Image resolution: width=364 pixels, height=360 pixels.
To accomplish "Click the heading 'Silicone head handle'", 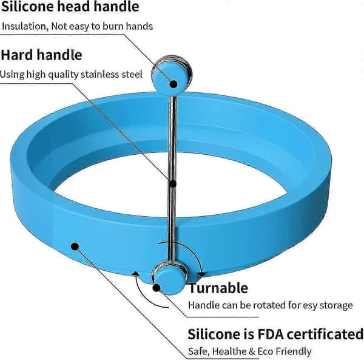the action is pyautogui.click(x=70, y=7).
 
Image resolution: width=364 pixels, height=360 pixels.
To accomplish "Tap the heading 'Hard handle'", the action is pyautogui.click(x=41, y=55).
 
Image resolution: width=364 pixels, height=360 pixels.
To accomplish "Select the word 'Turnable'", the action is pyautogui.click(x=218, y=288).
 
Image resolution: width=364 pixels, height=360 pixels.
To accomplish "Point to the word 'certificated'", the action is pyautogui.click(x=325, y=335).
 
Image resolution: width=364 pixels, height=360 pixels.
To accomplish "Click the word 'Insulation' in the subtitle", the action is pyautogui.click(x=25, y=27).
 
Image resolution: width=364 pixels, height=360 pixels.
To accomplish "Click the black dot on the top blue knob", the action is pyautogui.click(x=174, y=84).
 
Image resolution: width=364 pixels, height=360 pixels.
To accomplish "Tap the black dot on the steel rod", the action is pyautogui.click(x=173, y=184).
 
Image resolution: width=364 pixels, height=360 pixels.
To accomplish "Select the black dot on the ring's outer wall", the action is pyautogui.click(x=75, y=246).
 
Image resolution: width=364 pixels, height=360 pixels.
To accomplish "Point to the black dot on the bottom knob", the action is pyautogui.click(x=157, y=288).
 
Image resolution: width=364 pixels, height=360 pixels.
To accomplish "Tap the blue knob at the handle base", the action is pyautogui.click(x=169, y=280).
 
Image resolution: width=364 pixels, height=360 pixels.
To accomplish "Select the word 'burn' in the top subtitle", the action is pyautogui.click(x=113, y=27).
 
